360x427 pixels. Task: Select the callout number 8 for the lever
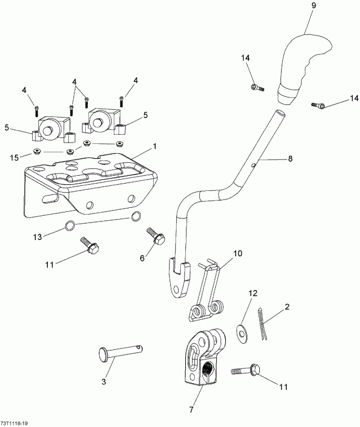click(x=290, y=159)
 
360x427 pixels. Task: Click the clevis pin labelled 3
click(x=118, y=353)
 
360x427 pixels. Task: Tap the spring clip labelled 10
click(x=208, y=287)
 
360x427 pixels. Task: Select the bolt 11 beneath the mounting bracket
click(x=90, y=246)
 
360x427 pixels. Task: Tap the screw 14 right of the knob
click(x=319, y=105)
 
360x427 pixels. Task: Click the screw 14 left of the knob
click(x=257, y=87)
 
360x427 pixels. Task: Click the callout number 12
click(x=253, y=293)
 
